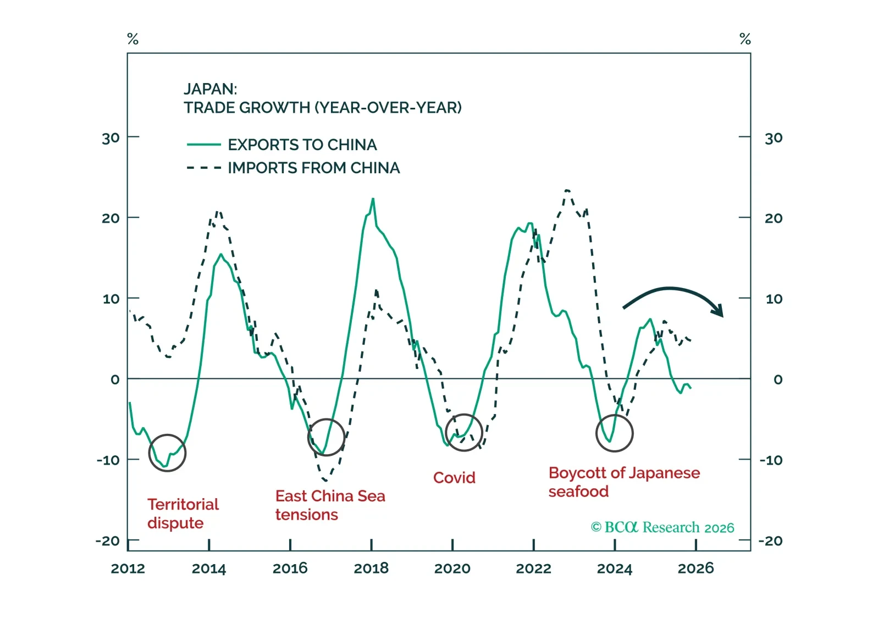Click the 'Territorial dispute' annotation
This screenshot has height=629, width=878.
pyautogui.click(x=183, y=514)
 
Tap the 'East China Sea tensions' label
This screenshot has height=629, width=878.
pyautogui.click(x=330, y=505)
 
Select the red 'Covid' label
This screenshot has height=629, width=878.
pyautogui.click(x=454, y=477)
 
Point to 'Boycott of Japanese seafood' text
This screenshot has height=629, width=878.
pyautogui.click(x=623, y=482)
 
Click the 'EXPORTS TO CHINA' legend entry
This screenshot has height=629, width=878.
pyautogui.click(x=302, y=145)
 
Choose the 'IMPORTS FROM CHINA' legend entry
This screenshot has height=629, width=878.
pyautogui.click(x=313, y=168)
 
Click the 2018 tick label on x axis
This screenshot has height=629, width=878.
pyautogui.click(x=371, y=568)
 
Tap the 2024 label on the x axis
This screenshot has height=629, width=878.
pyautogui.click(x=614, y=568)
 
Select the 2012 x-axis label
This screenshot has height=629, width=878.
pyautogui.click(x=128, y=568)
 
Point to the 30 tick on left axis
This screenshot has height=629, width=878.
pyautogui.click(x=111, y=138)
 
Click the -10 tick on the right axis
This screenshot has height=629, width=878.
pyautogui.click(x=771, y=460)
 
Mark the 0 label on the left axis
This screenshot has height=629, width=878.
pyautogui.click(x=114, y=379)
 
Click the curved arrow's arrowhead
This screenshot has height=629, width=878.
pyautogui.click(x=718, y=311)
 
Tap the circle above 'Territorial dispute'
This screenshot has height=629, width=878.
pyautogui.click(x=167, y=453)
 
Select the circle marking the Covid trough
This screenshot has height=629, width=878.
pyautogui.click(x=463, y=433)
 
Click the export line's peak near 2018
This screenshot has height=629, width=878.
pyautogui.click(x=373, y=199)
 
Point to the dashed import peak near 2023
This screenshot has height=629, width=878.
pyautogui.click(x=567, y=190)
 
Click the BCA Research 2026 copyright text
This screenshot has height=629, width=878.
pyautogui.click(x=662, y=527)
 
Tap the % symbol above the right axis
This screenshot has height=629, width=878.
pyautogui.click(x=745, y=39)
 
